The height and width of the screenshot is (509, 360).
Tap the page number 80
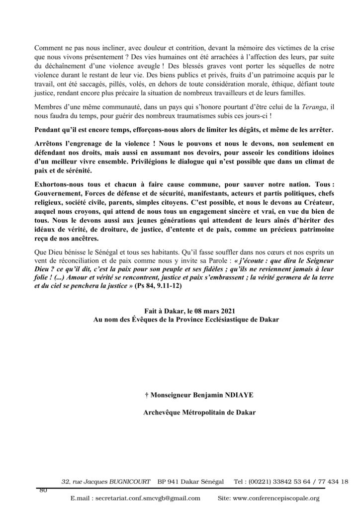[43, 490]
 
